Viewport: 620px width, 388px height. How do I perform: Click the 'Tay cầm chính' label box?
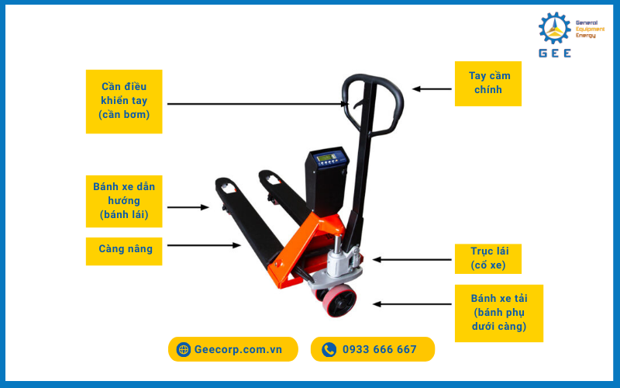click(488, 84)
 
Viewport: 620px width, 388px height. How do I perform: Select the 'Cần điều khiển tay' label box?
click(124, 102)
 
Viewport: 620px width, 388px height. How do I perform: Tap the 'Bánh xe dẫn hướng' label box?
click(124, 201)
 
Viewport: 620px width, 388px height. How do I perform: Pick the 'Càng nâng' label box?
click(124, 251)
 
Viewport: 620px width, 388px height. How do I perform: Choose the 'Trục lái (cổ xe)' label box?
click(488, 258)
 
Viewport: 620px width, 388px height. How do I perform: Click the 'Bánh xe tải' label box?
click(499, 314)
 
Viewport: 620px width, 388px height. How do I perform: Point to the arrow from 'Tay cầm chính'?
click(432, 89)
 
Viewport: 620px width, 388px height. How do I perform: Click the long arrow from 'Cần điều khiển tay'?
click(258, 104)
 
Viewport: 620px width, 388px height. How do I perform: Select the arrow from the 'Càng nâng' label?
click(204, 245)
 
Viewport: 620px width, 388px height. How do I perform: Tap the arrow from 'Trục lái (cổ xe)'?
click(412, 260)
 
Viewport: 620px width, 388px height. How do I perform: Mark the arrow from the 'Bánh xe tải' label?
click(412, 304)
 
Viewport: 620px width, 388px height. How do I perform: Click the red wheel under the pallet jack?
click(339, 301)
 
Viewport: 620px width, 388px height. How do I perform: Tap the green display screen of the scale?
click(326, 158)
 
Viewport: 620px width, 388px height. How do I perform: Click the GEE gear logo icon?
click(555, 28)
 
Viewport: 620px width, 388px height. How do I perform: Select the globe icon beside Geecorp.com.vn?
click(184, 350)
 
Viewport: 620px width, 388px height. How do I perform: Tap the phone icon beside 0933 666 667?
click(329, 350)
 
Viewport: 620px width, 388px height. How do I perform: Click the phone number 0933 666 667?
click(380, 349)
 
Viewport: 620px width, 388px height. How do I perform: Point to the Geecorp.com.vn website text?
click(238, 350)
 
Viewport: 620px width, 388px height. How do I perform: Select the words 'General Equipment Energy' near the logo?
click(590, 29)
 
